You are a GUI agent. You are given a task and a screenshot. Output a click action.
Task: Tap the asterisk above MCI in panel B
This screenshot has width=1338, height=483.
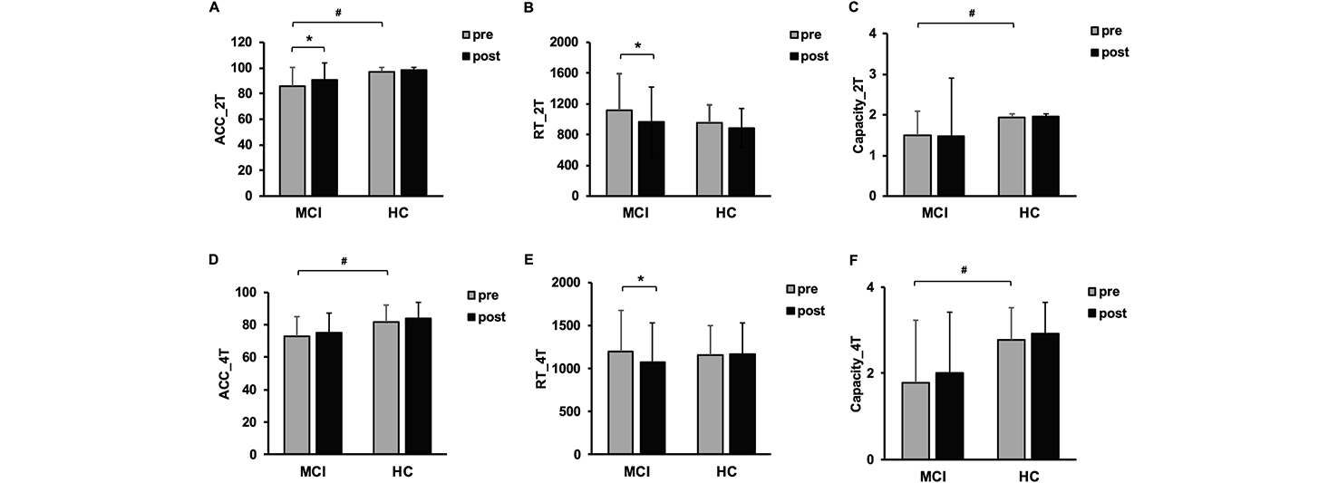click(x=638, y=45)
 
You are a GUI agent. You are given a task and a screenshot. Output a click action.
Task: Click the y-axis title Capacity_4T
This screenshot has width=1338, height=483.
click(x=856, y=372)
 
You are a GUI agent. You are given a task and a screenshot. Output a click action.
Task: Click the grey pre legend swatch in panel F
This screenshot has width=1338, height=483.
click(x=1093, y=292)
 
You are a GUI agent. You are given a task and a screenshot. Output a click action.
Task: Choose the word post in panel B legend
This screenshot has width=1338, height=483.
click(x=814, y=56)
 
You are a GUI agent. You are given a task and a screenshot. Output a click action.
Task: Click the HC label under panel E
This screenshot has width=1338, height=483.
click(x=726, y=472)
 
